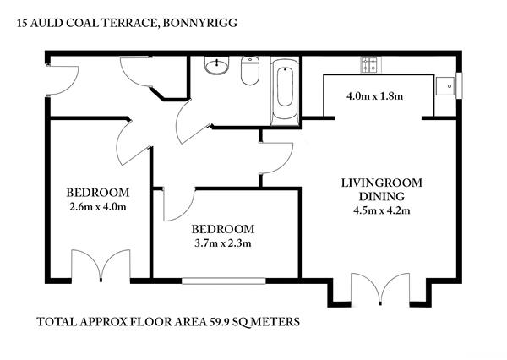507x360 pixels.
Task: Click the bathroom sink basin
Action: [216, 65]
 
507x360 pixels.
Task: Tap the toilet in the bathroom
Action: [250, 70]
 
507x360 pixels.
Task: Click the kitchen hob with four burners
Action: [369, 65]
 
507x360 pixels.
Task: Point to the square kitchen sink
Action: [445, 86]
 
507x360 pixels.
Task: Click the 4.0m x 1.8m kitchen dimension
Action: [374, 96]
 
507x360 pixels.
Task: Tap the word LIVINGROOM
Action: [382, 183]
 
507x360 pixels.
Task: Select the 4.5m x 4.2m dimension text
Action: [382, 210]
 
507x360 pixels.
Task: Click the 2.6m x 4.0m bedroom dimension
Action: [98, 206]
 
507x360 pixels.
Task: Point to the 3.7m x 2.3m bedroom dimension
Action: [223, 243]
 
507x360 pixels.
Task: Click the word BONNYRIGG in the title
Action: [199, 23]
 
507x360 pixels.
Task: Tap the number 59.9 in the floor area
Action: [220, 322]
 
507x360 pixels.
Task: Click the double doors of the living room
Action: [380, 289]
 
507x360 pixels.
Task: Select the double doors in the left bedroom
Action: [101, 265]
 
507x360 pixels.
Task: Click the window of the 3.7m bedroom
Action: [223, 281]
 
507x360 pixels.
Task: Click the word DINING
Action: [382, 196]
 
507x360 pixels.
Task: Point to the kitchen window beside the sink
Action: [459, 85]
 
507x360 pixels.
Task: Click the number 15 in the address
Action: [22, 24]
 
